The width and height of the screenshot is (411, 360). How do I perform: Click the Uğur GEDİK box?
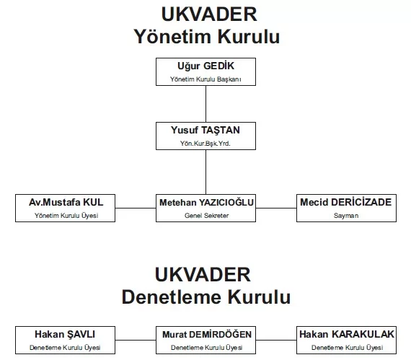205,71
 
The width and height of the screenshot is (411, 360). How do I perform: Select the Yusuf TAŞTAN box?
205,136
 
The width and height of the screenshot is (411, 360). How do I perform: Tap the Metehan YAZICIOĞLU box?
205,208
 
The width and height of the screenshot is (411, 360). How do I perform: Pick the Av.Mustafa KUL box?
66,208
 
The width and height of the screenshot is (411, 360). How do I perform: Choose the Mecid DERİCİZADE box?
346,208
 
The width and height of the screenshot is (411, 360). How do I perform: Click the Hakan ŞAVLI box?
66,340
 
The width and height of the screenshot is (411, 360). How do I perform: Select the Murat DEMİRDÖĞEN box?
205,340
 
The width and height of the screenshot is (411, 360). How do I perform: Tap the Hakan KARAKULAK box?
346,340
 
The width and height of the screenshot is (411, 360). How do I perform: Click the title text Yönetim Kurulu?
207,37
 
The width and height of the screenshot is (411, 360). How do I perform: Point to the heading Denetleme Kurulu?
206,297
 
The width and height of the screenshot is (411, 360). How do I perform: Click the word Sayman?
346,216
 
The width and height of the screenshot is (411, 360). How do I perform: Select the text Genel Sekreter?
206,216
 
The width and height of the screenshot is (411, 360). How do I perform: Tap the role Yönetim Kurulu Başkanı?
205,79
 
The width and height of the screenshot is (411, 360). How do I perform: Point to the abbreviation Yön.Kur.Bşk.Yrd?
205,144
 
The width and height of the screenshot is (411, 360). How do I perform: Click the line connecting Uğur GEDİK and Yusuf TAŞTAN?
205,104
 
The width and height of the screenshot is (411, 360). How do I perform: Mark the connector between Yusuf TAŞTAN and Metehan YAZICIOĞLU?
205,172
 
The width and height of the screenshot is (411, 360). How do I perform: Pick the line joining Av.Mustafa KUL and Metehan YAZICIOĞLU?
136,208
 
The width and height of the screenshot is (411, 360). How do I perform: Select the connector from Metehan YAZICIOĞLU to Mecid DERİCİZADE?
276,208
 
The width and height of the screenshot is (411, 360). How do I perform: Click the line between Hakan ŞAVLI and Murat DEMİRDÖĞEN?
136,341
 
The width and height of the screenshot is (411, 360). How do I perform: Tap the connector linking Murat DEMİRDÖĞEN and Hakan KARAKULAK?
276,341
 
